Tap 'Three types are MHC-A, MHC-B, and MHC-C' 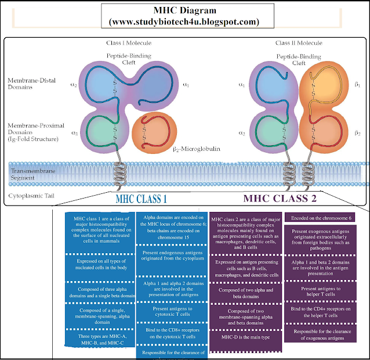coord(100,340)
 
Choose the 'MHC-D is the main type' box coord(245,336)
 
